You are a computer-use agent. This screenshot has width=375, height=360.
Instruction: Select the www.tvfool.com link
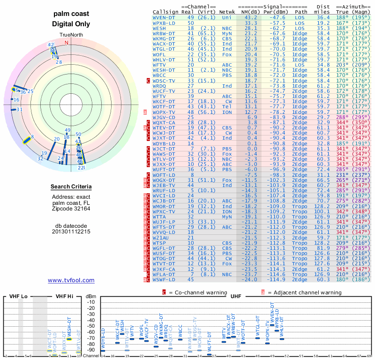pos(71,280)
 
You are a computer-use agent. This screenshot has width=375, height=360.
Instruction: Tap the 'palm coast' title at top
pos(71,14)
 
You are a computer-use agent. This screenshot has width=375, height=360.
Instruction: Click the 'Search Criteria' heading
pos(71,187)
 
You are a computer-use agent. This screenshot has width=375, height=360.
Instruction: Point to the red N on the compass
pos(66,43)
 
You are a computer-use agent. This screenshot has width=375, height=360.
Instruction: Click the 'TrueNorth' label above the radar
pos(71,35)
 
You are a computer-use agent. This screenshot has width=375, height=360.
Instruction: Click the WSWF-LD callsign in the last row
pos(164,279)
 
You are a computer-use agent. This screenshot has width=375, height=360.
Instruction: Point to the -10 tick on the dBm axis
pos(91,302)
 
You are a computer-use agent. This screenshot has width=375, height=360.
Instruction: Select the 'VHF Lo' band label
pos(19,297)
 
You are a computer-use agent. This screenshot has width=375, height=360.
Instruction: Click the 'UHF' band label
pos(236,297)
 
